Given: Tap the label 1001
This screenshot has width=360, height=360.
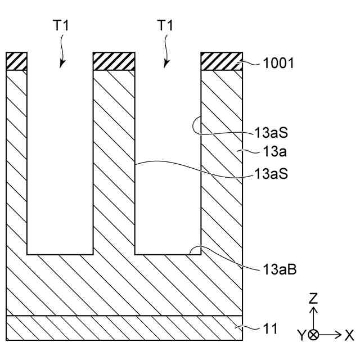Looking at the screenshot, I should [278, 63].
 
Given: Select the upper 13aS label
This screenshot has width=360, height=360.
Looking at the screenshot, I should [271, 135].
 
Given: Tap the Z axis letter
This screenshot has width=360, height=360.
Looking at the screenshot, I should [314, 298].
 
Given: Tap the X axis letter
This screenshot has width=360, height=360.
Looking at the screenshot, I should [349, 335].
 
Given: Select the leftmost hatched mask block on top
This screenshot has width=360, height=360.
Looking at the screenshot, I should [16, 61].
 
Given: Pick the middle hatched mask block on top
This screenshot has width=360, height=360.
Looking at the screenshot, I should [114, 61].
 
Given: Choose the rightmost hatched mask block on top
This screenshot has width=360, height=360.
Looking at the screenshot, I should [222, 61].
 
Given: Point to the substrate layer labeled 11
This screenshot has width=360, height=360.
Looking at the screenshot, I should [124, 328].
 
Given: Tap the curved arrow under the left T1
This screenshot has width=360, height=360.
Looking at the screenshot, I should [62, 53].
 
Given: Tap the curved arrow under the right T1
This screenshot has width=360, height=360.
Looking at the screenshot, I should [166, 53].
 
